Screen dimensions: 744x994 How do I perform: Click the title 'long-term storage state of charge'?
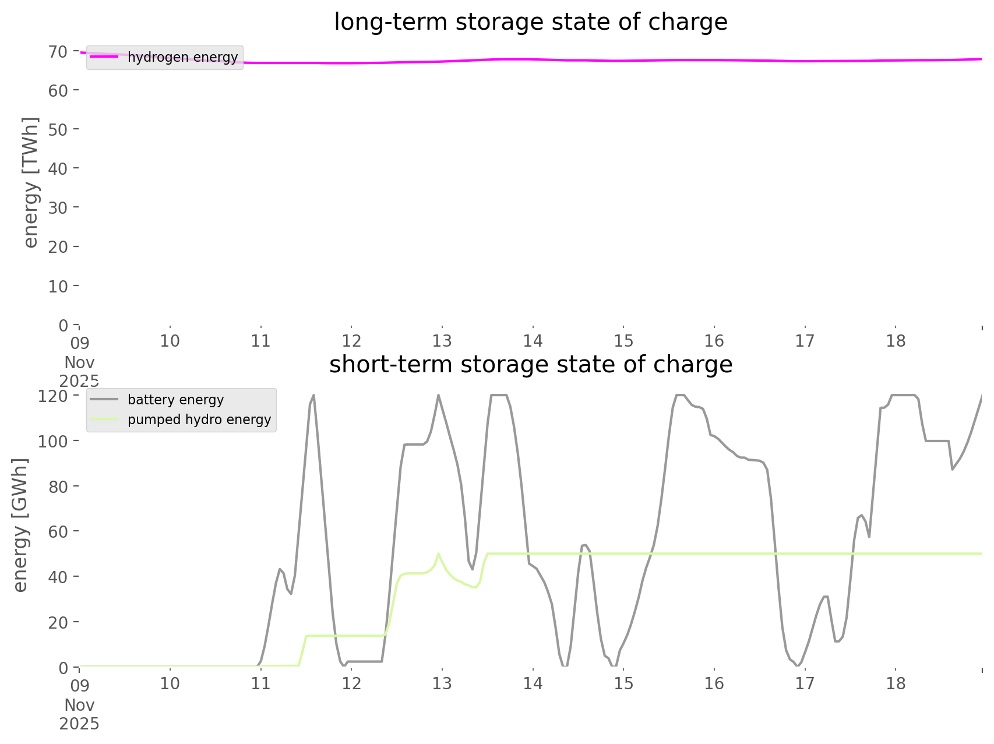(530, 22)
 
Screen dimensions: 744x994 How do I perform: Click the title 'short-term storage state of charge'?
(530, 365)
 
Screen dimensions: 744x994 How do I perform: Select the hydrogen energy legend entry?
(182, 57)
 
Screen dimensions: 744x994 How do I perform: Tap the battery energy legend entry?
(175, 400)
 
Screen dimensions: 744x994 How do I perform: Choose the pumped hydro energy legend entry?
(199, 419)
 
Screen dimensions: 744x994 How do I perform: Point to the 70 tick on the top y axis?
(58, 52)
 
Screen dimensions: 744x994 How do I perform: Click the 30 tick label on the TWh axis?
(58, 207)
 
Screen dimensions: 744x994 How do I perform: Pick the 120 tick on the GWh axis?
(54, 396)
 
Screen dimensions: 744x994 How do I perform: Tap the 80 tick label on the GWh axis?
(58, 486)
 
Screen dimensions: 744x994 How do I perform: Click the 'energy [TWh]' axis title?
(30, 182)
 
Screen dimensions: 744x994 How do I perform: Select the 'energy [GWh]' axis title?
(20, 525)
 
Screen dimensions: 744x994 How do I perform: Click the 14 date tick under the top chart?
(533, 341)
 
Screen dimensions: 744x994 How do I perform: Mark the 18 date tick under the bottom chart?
(896, 683)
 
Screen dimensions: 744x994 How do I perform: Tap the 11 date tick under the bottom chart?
(260, 683)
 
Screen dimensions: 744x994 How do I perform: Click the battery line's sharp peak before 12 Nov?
(314, 396)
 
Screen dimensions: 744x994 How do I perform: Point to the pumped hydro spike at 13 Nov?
(438, 553)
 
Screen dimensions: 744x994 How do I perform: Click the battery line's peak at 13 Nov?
(438, 396)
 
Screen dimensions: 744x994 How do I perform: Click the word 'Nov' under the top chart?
(79, 362)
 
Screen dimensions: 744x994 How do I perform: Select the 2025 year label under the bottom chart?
(79, 724)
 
